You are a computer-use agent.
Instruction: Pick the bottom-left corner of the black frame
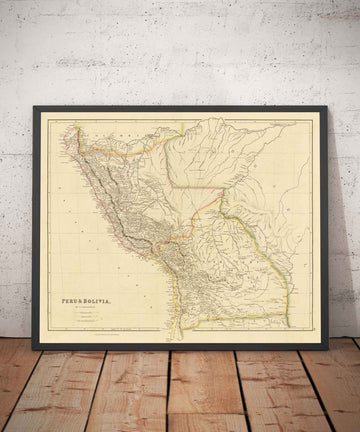[34, 349]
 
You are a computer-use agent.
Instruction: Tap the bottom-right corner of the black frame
[327, 349]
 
